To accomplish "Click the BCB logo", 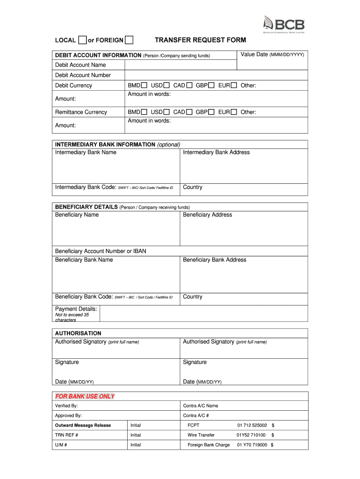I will pyautogui.click(x=284, y=25).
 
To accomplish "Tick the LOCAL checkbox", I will pyautogui.click(x=83, y=40).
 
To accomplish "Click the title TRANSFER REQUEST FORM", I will pyautogui.click(x=200, y=40).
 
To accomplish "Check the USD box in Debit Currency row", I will pyautogui.click(x=166, y=85).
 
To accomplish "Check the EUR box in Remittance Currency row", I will pyautogui.click(x=234, y=112).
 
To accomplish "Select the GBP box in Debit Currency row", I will pyautogui.click(x=211, y=85).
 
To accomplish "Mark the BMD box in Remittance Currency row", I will pyautogui.click(x=144, y=112).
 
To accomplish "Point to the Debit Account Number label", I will pyautogui.click(x=83, y=75).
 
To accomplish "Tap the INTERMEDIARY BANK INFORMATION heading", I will pyautogui.click(x=105, y=145).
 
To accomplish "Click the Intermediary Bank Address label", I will pyautogui.click(x=216, y=152).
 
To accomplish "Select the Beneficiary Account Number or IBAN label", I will pyautogui.click(x=101, y=251).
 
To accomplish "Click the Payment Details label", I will pyautogui.click(x=76, y=309).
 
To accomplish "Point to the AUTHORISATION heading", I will pyautogui.click(x=78, y=334).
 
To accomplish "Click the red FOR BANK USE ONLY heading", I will pyautogui.click(x=85, y=396).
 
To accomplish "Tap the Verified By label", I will pyautogui.click(x=66, y=406).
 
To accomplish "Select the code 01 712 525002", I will pyautogui.click(x=252, y=425).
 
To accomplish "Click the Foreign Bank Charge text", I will pyautogui.click(x=209, y=445).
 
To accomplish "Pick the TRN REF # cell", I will pyautogui.click(x=66, y=435).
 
